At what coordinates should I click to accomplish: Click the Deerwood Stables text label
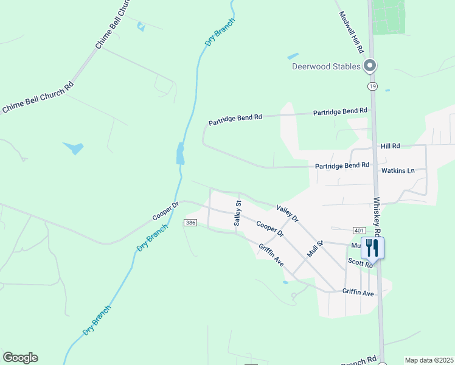point(326,66)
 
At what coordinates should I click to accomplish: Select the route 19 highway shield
point(372,86)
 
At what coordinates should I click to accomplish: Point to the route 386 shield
point(190,223)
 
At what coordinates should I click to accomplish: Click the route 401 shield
point(358,231)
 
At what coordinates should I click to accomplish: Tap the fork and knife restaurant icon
point(371,247)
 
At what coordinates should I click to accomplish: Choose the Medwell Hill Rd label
point(352,31)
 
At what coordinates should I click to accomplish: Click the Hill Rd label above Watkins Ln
point(391,146)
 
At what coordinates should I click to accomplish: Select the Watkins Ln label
point(398,171)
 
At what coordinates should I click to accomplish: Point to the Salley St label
point(238,214)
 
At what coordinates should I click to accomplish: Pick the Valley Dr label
point(287,213)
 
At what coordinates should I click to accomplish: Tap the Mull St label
point(314,249)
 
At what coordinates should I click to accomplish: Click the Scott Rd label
point(360,262)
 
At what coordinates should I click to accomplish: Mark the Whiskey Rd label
point(377,216)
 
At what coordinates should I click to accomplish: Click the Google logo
point(20,358)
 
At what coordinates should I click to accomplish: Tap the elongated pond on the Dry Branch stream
point(180,153)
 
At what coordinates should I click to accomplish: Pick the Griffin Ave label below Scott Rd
point(358,293)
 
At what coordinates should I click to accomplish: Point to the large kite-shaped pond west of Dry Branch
point(74,147)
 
